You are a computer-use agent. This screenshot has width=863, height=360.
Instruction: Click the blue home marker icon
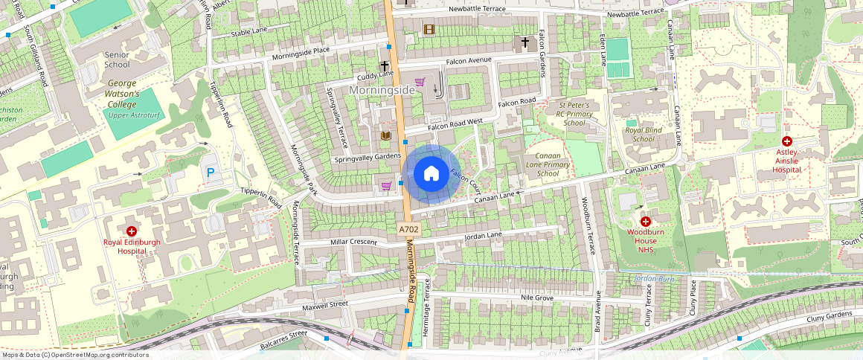[x=431, y=174]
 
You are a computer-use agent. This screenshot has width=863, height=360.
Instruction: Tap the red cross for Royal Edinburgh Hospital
[x=132, y=232]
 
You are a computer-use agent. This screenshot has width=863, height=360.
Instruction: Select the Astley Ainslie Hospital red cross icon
[x=786, y=141]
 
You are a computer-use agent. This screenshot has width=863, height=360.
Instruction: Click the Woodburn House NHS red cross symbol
[x=645, y=222]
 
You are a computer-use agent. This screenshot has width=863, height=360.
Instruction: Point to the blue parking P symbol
[x=211, y=172]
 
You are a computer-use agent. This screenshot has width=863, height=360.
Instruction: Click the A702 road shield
[x=408, y=230]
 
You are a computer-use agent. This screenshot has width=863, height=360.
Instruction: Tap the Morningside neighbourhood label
[x=382, y=90]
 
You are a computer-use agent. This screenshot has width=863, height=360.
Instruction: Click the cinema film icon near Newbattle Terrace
[x=429, y=30]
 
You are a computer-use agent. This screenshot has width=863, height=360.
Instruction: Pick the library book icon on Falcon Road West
[x=385, y=136]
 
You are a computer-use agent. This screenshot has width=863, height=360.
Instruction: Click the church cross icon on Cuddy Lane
[x=385, y=66]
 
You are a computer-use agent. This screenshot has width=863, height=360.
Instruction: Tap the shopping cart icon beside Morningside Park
[x=385, y=186]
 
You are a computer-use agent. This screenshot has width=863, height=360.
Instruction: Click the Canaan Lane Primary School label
[x=548, y=164]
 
